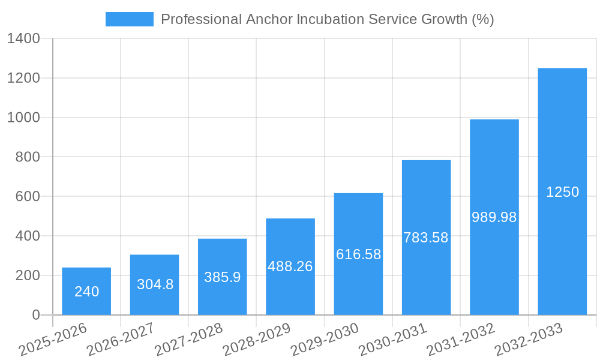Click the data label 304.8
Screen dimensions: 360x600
(x=155, y=284)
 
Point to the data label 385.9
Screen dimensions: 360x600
(x=222, y=277)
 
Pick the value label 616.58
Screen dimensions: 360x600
(x=358, y=254)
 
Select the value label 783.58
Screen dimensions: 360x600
(x=426, y=238)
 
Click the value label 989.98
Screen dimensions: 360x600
(x=494, y=217)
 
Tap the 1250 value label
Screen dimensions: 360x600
(x=562, y=192)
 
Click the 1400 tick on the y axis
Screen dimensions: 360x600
(x=23, y=39)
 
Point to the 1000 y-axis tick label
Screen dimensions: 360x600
(x=23, y=118)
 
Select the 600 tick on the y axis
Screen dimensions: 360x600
(x=28, y=197)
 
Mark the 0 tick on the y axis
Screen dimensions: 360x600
(x=35, y=315)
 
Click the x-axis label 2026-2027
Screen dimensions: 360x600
(x=121, y=340)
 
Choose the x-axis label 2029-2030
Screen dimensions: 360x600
(x=325, y=340)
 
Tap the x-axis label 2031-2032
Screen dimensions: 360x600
(x=461, y=340)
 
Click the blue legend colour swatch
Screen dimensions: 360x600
(x=129, y=19)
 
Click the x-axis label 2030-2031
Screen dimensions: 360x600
(x=393, y=340)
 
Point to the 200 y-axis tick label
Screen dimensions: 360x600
(x=28, y=275)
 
